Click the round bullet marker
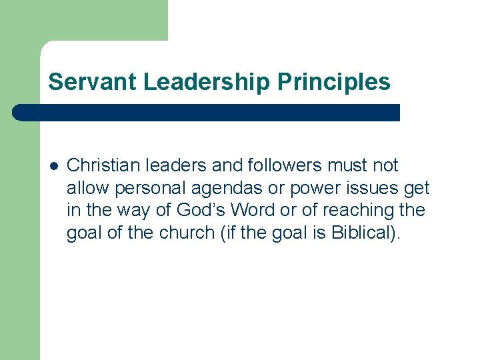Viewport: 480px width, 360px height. tap(53, 166)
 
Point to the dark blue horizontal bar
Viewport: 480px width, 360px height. tap(207, 112)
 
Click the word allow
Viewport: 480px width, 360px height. tap(86, 188)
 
